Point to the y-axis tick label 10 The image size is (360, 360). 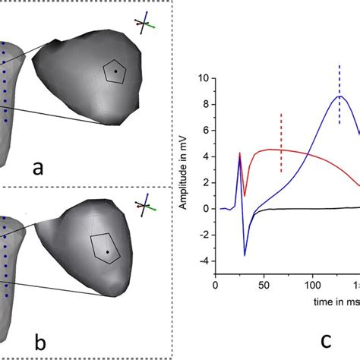202,77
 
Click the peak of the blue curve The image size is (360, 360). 340,96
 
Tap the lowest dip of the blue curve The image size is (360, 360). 245,255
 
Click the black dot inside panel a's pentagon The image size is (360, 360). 115,71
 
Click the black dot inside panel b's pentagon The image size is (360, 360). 107,251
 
